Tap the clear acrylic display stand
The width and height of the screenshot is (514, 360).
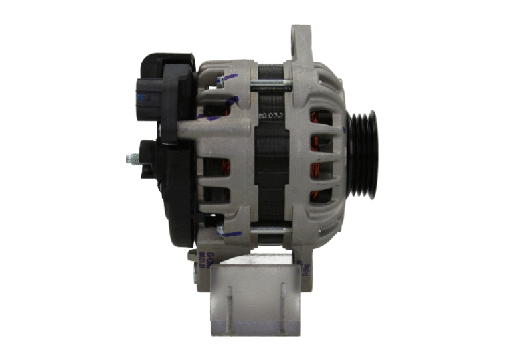coord(254,294)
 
